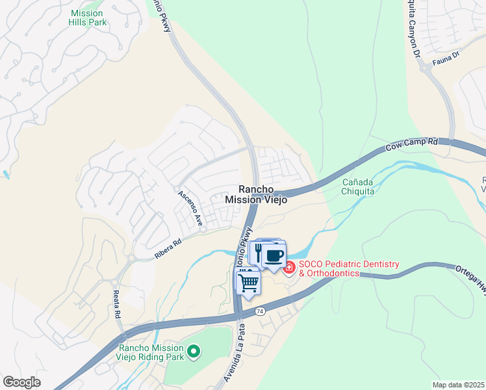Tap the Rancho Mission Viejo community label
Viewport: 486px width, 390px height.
tap(256, 194)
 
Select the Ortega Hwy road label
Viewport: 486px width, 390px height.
tap(469, 272)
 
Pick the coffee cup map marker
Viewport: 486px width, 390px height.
tap(275, 255)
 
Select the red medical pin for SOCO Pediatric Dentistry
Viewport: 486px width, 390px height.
tap(288, 267)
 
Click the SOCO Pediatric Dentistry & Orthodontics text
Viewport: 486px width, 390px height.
tap(349, 269)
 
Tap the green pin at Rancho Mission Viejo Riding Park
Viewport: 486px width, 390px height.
tap(193, 352)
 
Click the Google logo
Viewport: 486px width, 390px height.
tap(22, 382)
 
